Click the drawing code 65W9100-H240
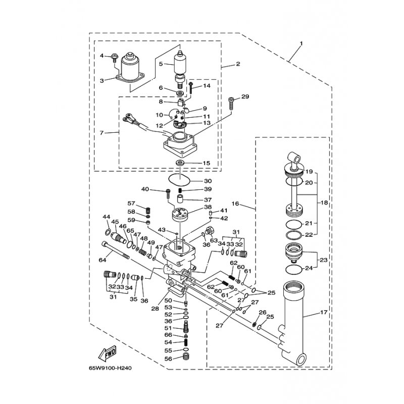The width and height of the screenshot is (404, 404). (x=110, y=368)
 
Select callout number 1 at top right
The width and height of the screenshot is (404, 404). (x=301, y=43)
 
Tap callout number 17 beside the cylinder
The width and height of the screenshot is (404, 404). (x=324, y=312)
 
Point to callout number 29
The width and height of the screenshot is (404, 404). (x=245, y=96)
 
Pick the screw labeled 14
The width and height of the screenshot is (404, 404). (x=191, y=88)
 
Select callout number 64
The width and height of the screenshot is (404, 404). (x=103, y=260)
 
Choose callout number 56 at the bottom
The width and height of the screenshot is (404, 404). (x=168, y=359)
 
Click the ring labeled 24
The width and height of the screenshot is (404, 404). (x=294, y=270)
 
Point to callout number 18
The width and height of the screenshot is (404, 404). (x=324, y=203)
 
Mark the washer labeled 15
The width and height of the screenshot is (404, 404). (x=180, y=163)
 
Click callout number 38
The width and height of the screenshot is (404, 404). (x=208, y=207)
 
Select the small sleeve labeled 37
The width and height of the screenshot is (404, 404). (x=180, y=199)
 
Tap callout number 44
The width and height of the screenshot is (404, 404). (x=107, y=217)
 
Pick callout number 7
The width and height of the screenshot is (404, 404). (x=102, y=133)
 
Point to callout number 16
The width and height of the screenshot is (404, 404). (x=235, y=204)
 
